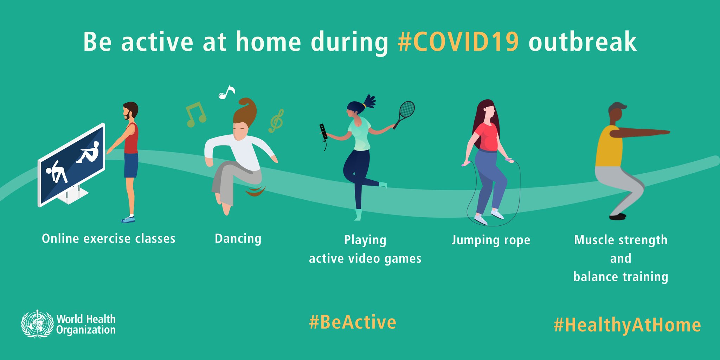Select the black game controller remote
[323, 132]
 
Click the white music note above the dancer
[226, 92]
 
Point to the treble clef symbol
[276, 121]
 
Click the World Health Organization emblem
[37, 324]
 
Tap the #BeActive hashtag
[353, 322]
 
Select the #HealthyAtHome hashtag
[627, 325]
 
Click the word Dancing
[238, 239]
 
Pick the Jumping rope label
[491, 240]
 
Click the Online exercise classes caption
[109, 239]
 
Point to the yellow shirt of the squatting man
[609, 146]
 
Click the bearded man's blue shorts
[131, 165]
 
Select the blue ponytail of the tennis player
[369, 101]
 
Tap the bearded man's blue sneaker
[128, 220]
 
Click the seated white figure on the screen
[88, 153]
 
